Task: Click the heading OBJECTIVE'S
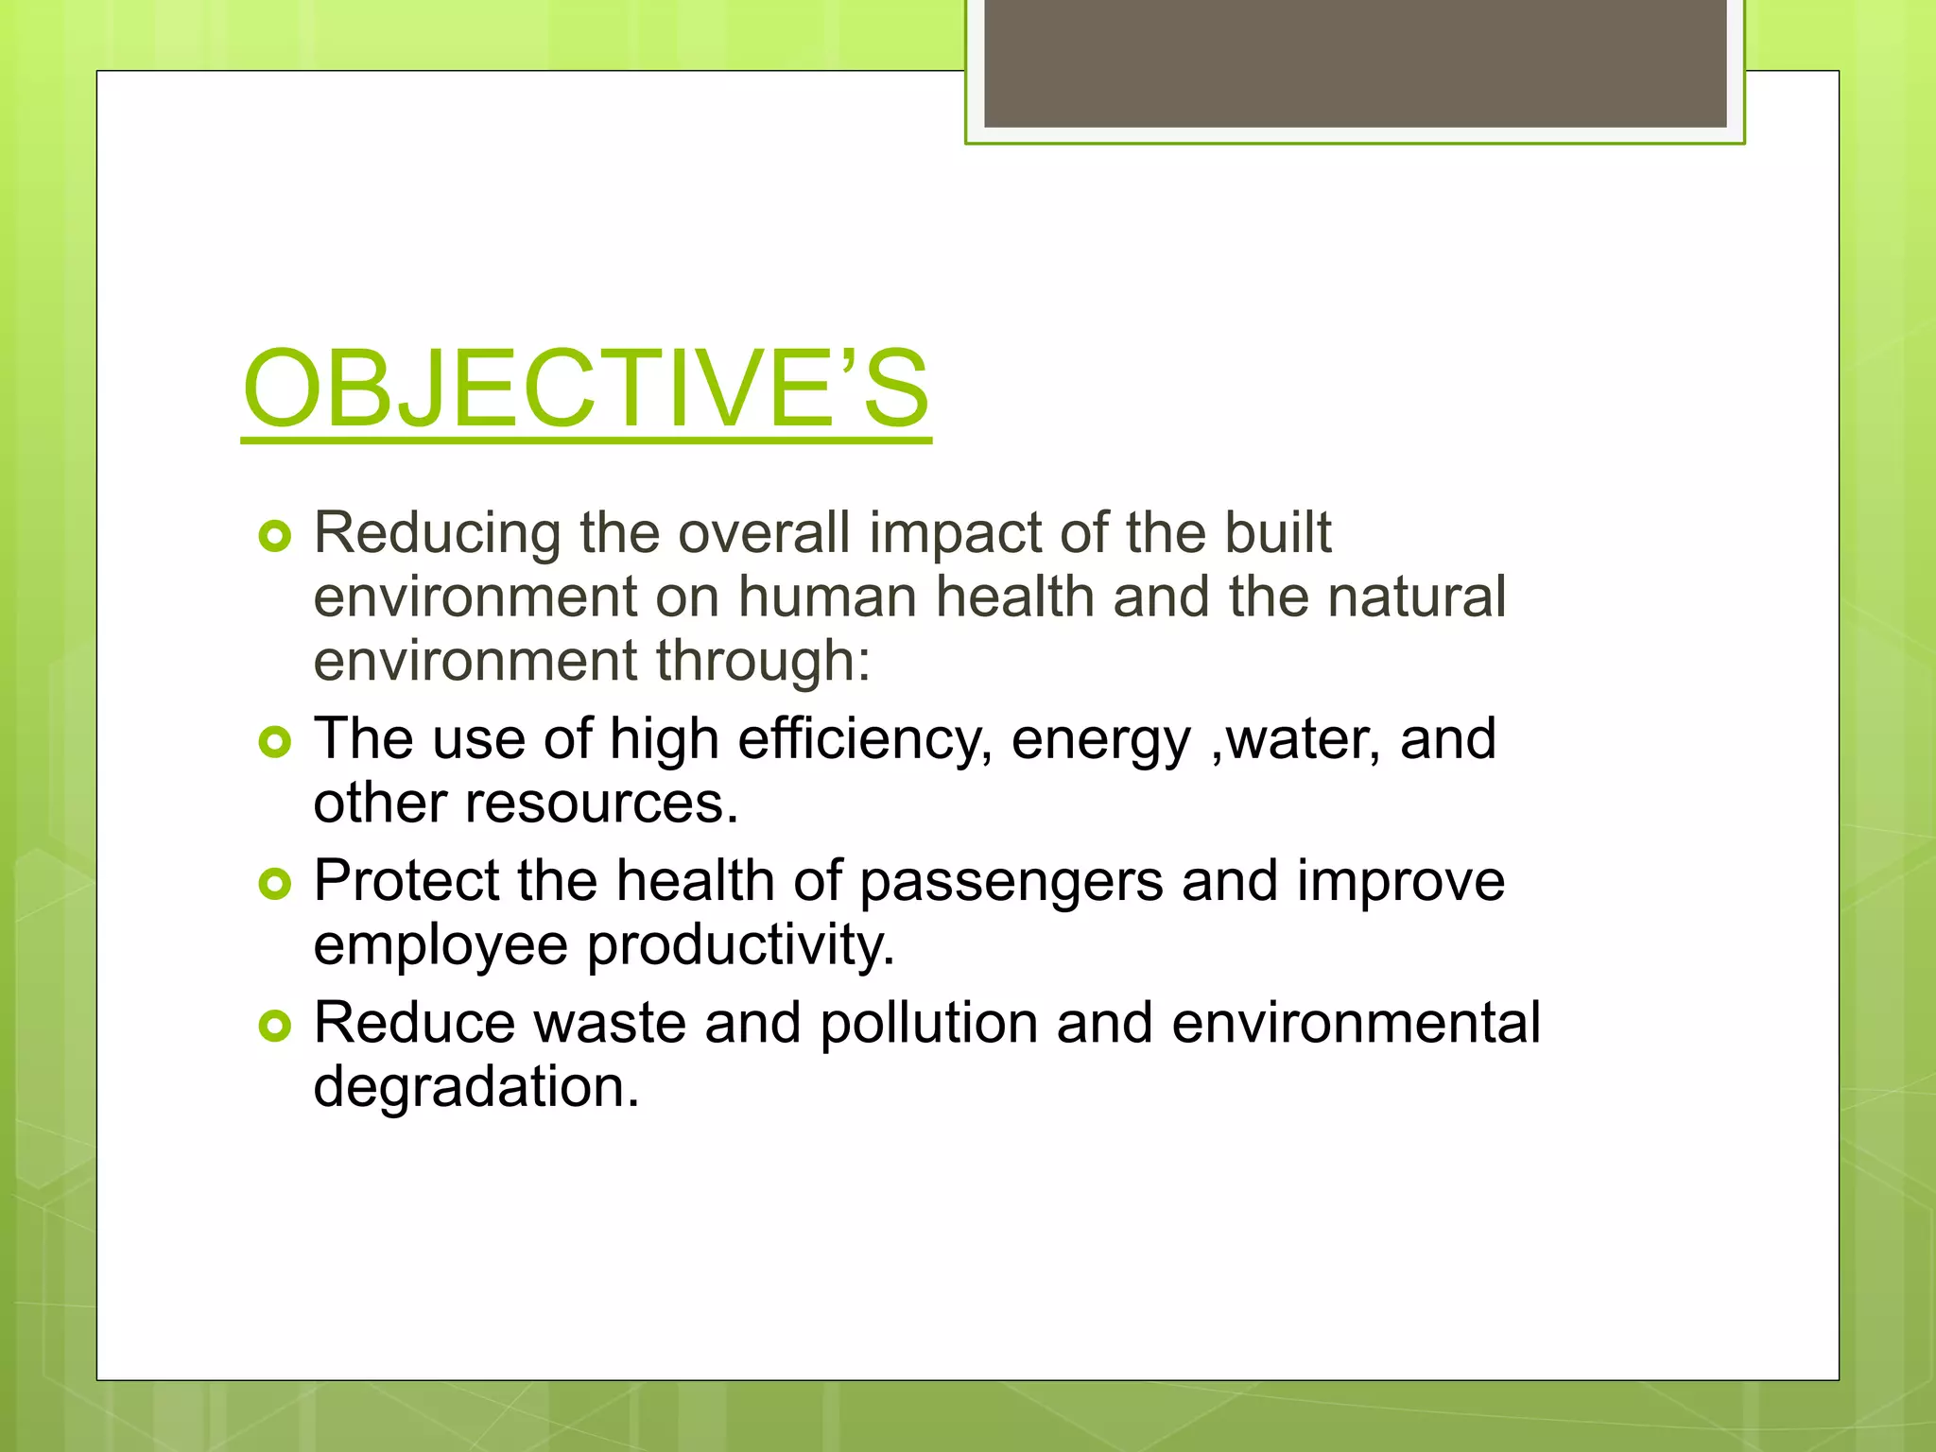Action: pos(586,389)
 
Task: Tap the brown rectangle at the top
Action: pos(1355,63)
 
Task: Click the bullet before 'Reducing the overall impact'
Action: pos(274,537)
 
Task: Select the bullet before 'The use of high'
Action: pos(274,743)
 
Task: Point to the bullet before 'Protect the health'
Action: pos(274,885)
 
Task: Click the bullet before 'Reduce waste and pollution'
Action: pos(274,1027)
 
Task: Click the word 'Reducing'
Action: pos(437,534)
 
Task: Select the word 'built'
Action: pos(1278,532)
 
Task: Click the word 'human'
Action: pos(827,597)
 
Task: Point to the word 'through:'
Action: pos(763,662)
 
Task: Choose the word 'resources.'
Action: pos(601,804)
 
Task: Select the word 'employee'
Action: pos(441,946)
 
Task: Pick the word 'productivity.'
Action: pos(740,946)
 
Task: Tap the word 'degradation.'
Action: pos(476,1088)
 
